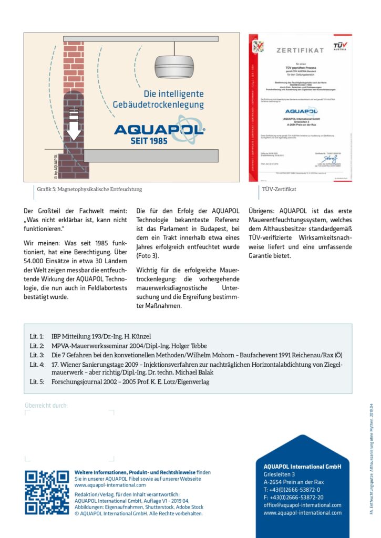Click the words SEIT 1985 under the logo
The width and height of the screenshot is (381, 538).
[x=160, y=141]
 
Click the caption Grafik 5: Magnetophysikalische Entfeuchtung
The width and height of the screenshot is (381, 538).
[x=89, y=189]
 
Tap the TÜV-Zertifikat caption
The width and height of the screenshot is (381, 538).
[x=279, y=189]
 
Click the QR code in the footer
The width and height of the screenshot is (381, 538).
[x=47, y=492]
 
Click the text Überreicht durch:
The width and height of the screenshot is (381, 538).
[x=46, y=405]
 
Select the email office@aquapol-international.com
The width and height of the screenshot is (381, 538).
[x=302, y=505]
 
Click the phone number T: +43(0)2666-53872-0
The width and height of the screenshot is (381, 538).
[x=292, y=490]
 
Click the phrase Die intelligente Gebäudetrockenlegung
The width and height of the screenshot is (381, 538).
[x=158, y=99]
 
